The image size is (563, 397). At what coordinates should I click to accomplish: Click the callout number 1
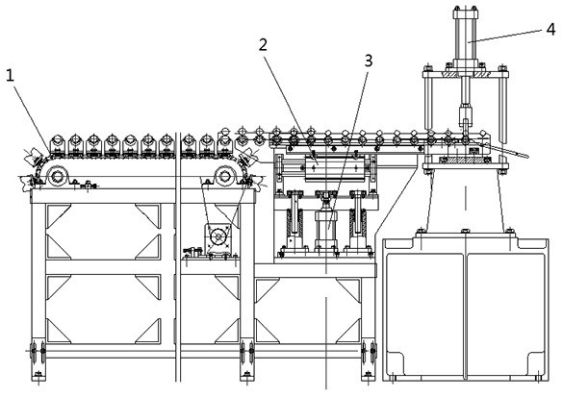[10, 76]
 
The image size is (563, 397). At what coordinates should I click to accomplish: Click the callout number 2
[263, 45]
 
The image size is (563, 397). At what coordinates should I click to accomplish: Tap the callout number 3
[369, 62]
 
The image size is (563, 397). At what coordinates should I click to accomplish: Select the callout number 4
[551, 30]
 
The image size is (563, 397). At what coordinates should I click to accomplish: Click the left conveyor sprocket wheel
[58, 176]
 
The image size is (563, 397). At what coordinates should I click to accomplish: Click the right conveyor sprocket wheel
[225, 176]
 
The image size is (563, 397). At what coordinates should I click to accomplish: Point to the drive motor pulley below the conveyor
[218, 236]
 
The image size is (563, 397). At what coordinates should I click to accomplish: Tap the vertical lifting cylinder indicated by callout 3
[326, 229]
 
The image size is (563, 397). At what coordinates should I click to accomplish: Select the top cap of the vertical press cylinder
[466, 13]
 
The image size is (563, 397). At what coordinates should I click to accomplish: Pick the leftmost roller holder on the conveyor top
[58, 145]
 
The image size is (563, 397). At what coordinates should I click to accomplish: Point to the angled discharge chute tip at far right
[527, 157]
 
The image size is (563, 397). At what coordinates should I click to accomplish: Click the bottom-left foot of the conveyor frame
[38, 377]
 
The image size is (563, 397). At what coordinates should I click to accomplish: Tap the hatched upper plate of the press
[466, 75]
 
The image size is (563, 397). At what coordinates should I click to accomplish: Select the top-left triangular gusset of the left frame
[58, 215]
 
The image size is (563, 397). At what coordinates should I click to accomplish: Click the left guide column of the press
[428, 104]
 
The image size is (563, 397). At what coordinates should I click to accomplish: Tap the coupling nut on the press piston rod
[465, 109]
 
